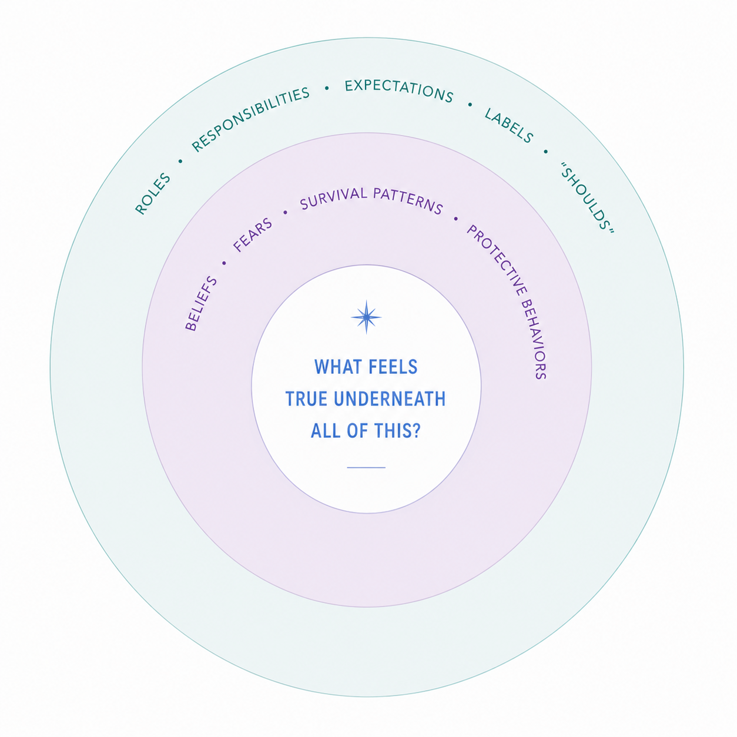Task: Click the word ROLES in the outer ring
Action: (x=153, y=193)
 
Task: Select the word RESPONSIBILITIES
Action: (x=250, y=119)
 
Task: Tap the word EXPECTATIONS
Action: (x=399, y=91)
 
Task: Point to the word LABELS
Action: (x=509, y=125)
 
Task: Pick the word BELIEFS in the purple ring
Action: (x=201, y=303)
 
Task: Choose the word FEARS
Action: (x=253, y=235)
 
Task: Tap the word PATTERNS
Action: (x=408, y=200)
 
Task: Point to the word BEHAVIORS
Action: (x=535, y=339)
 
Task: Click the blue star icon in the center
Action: (x=366, y=317)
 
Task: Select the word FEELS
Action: (x=393, y=367)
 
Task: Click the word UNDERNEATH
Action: (x=390, y=399)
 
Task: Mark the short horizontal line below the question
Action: (x=366, y=467)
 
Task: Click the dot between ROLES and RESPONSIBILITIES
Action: (x=180, y=161)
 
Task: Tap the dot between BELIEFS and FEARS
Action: (x=224, y=263)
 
